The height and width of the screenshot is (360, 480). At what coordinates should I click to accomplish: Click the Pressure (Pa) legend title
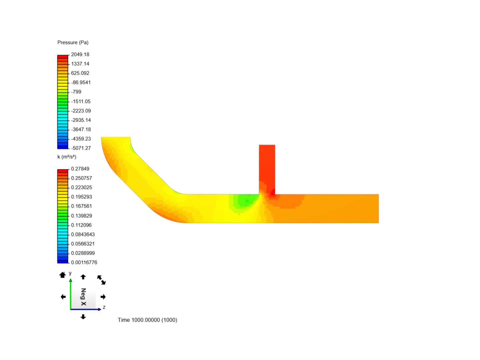73,42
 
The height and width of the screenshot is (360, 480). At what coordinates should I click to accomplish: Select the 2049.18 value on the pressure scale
80,54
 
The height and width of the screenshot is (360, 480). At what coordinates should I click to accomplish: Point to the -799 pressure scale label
76,92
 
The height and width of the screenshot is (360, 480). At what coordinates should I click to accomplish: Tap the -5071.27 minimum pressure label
81,148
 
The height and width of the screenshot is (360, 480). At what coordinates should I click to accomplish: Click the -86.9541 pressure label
81,82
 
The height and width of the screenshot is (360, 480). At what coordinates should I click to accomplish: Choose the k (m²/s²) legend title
67,157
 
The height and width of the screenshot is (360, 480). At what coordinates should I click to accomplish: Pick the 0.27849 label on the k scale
80,169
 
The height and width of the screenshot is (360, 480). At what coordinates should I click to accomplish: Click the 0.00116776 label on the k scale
84,262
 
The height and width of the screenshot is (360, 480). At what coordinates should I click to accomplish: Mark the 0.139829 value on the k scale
81,216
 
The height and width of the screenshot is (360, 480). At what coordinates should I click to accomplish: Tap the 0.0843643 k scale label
83,234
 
